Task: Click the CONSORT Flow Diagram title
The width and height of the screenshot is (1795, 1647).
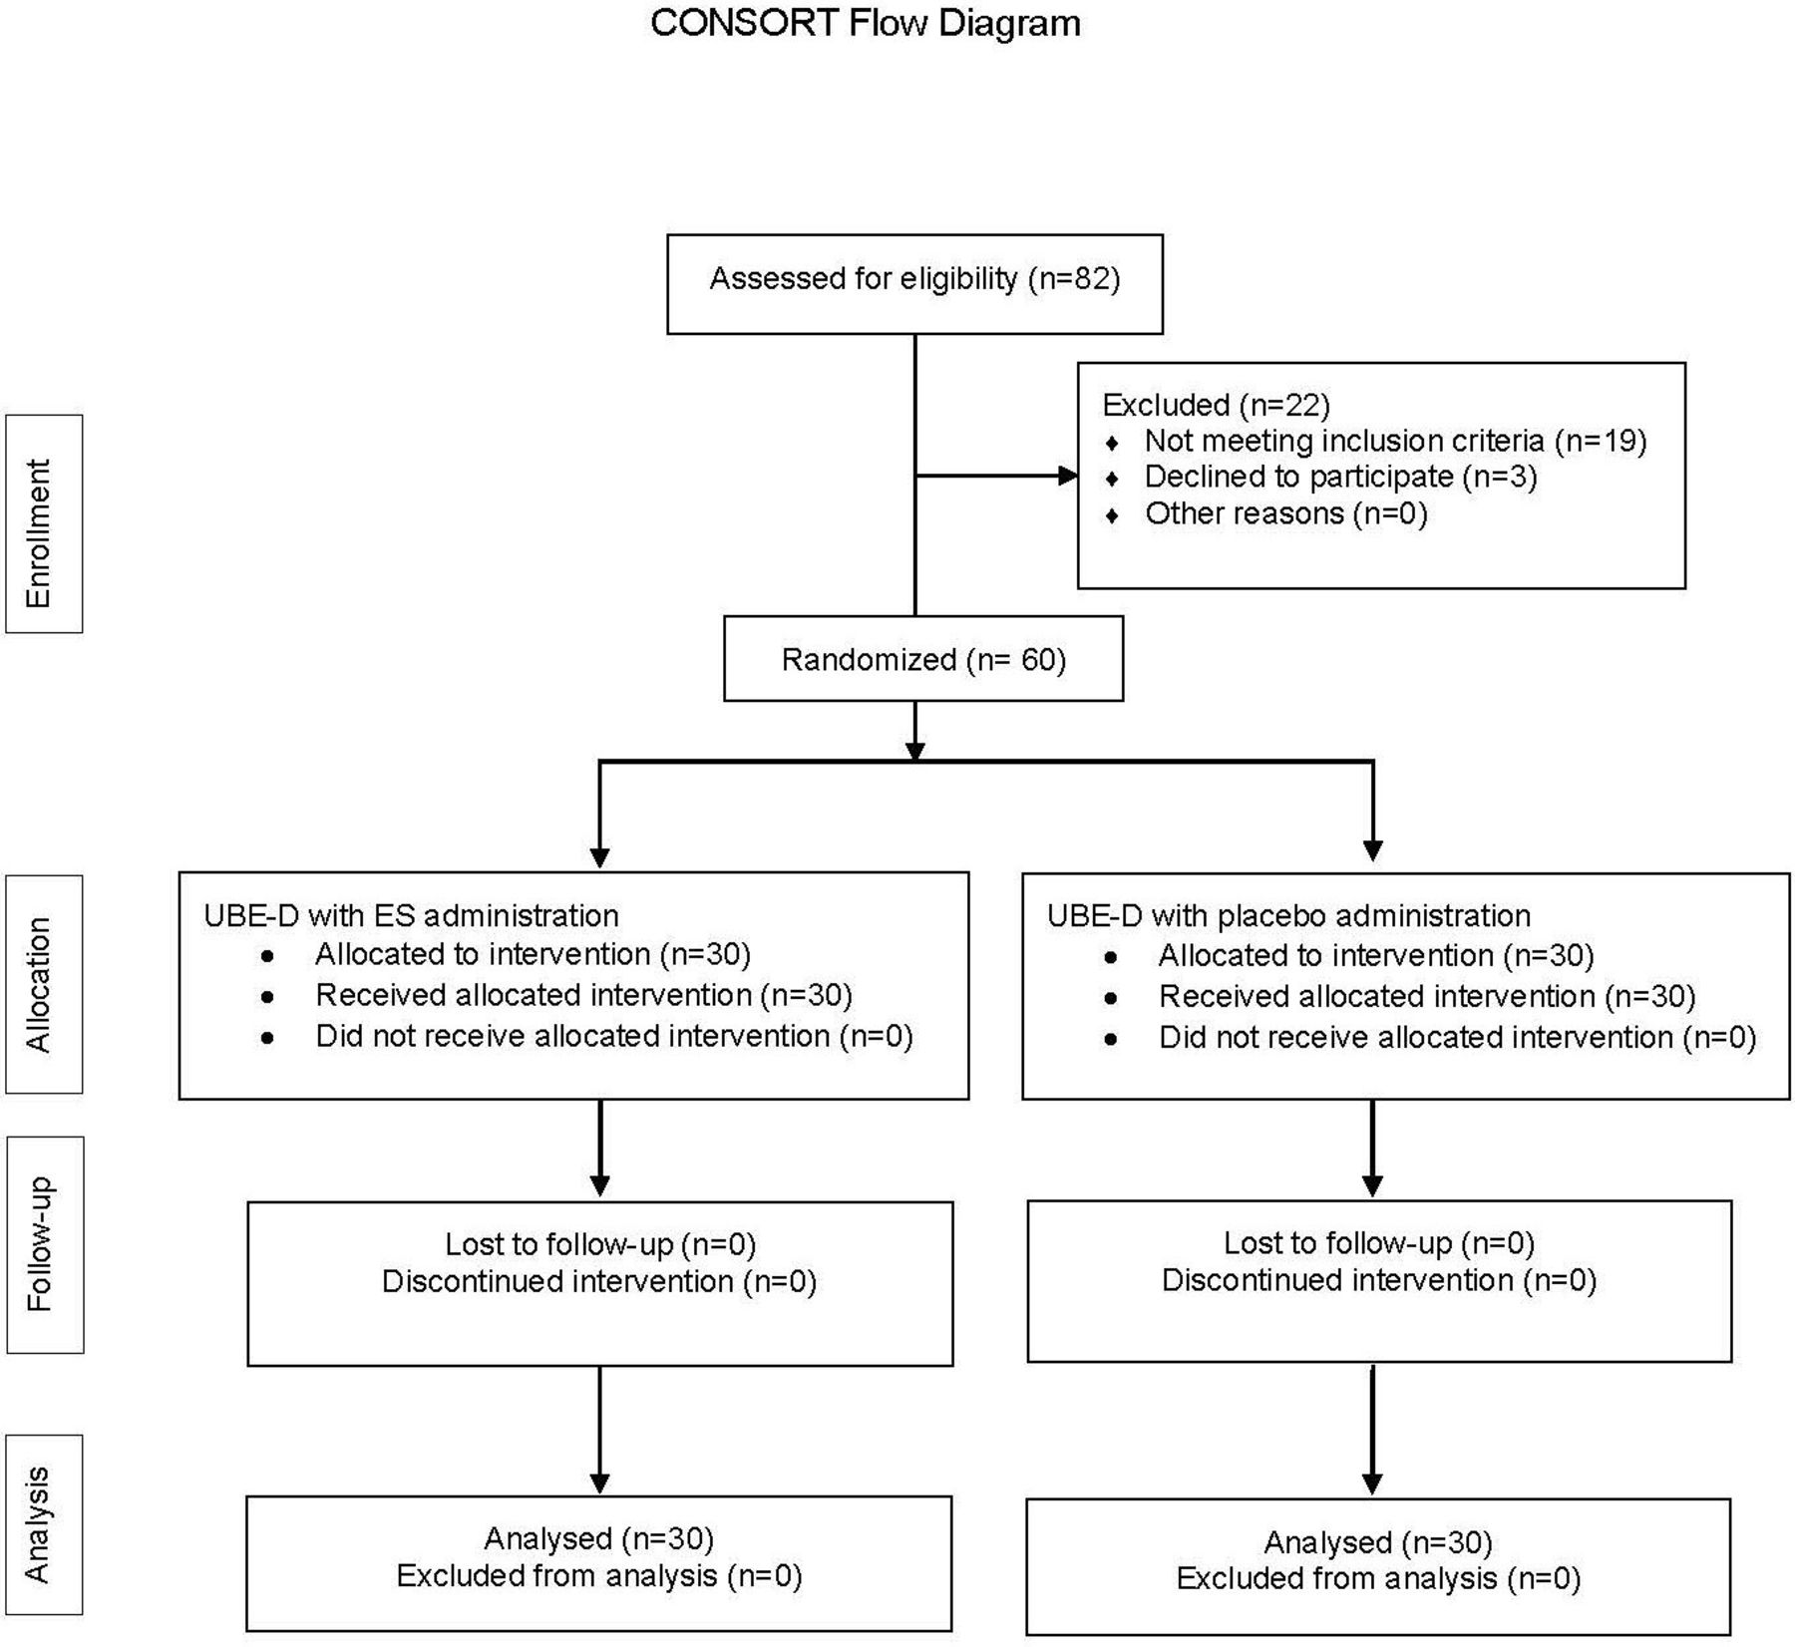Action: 866,23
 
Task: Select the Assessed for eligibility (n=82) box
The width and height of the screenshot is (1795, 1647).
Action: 914,284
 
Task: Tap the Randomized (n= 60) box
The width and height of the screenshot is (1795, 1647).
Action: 923,658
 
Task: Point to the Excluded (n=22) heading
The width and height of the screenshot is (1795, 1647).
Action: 1216,405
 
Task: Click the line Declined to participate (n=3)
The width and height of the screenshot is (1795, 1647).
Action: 1340,477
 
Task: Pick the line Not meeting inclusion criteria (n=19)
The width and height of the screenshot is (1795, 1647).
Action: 1395,441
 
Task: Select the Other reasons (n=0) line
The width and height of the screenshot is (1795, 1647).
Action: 1285,513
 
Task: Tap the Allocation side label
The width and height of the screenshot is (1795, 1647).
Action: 39,985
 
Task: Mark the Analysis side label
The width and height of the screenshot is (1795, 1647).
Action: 39,1524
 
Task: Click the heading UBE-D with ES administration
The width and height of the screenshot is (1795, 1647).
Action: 411,915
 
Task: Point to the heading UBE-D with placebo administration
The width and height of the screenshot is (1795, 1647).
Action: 1288,915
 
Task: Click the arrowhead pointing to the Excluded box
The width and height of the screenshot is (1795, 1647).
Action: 1068,476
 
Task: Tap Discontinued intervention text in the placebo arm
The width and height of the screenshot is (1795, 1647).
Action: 1337,1280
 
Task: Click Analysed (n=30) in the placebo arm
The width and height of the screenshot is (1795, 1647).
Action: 1378,1543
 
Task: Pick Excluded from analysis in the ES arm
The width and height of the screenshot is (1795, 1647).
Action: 556,1575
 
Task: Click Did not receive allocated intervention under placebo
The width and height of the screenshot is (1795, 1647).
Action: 1415,1038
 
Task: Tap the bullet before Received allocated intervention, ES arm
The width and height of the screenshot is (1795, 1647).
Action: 267,996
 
